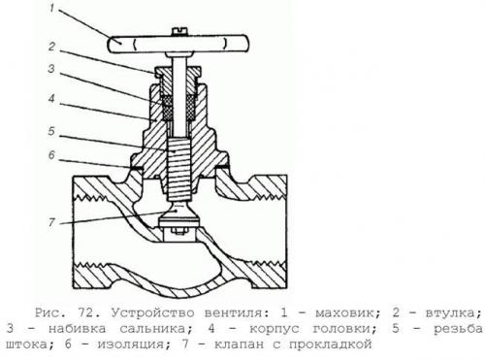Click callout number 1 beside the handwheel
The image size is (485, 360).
51,8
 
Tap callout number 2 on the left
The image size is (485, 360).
52,47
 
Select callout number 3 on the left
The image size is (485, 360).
51,69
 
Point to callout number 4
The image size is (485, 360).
51,99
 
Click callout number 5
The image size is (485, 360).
51,131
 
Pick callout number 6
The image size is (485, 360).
52,155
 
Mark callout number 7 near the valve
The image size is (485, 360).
51,222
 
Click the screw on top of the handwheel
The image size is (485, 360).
178,31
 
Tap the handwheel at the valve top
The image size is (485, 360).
178,44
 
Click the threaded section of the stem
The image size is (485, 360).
178,169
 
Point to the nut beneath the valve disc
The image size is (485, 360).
178,231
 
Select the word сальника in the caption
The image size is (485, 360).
153,329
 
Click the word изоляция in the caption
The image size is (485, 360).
131,344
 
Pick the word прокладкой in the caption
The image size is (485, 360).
331,344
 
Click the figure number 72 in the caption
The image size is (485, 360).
86,313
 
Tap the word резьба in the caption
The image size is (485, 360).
458,328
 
